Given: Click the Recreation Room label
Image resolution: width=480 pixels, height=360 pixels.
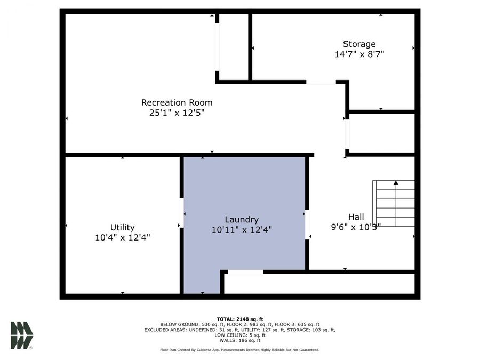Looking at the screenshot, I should click(177, 102).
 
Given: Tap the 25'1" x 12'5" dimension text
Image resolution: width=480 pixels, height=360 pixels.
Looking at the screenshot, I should click(177, 113).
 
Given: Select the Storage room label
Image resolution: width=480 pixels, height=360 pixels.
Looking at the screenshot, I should click(359, 44).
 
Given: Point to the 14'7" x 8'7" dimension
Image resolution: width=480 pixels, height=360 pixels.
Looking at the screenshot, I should click(359, 54).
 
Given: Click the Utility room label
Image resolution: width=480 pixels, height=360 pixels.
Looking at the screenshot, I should click(122, 227).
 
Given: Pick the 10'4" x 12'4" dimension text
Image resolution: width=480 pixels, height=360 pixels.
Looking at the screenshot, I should click(122, 238).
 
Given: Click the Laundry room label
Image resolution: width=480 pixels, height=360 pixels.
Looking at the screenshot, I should click(242, 219).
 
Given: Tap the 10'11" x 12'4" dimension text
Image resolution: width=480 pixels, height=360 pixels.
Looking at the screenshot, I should click(242, 230).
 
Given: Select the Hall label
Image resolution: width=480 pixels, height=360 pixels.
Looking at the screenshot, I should click(356, 217).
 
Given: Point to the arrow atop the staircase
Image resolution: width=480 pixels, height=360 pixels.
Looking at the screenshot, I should click(396, 183).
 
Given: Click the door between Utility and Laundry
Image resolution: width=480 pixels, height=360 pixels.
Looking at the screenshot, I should click(182, 213).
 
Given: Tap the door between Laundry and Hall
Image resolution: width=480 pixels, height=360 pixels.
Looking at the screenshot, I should click(307, 225).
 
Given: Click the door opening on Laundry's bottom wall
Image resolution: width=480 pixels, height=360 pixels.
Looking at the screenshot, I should click(245, 272).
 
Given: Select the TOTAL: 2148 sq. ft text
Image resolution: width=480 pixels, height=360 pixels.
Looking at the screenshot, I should click(239, 318).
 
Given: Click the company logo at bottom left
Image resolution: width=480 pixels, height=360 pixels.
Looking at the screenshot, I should click(22, 335).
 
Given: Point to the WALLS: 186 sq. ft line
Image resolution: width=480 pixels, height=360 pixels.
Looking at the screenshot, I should click(239, 340).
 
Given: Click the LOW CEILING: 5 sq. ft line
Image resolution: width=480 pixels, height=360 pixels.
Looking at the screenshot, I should click(239, 335).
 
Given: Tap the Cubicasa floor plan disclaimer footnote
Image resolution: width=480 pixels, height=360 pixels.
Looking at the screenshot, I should click(239, 350).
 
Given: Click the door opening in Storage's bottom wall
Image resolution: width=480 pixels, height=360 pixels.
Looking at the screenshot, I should click(321, 82).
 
